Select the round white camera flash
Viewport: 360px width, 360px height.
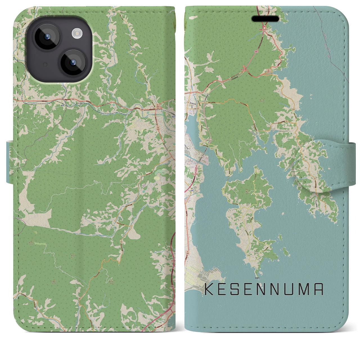(x=76, y=34)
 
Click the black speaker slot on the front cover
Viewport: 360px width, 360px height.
(x=265, y=19)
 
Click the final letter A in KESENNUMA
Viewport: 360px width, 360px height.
(x=319, y=290)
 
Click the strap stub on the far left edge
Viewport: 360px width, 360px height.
(x=10, y=163)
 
